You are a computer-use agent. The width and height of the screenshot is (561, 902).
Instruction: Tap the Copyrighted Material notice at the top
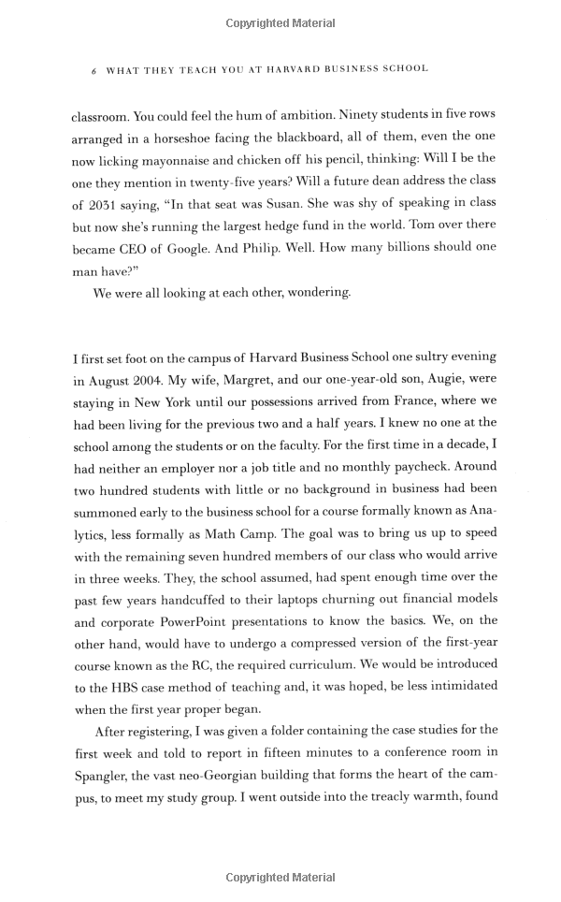(x=280, y=22)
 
